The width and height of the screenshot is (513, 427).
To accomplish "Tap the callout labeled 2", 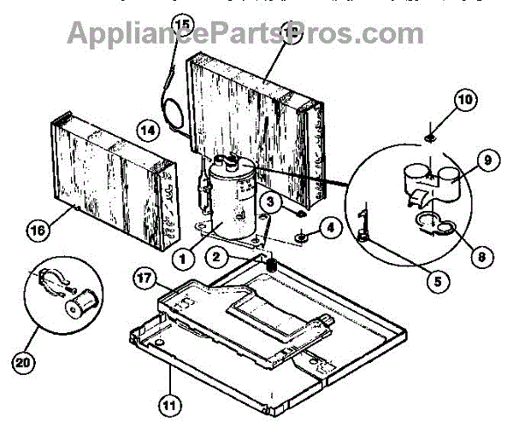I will click(x=218, y=255).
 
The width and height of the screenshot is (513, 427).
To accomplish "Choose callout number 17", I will click(x=146, y=278).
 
